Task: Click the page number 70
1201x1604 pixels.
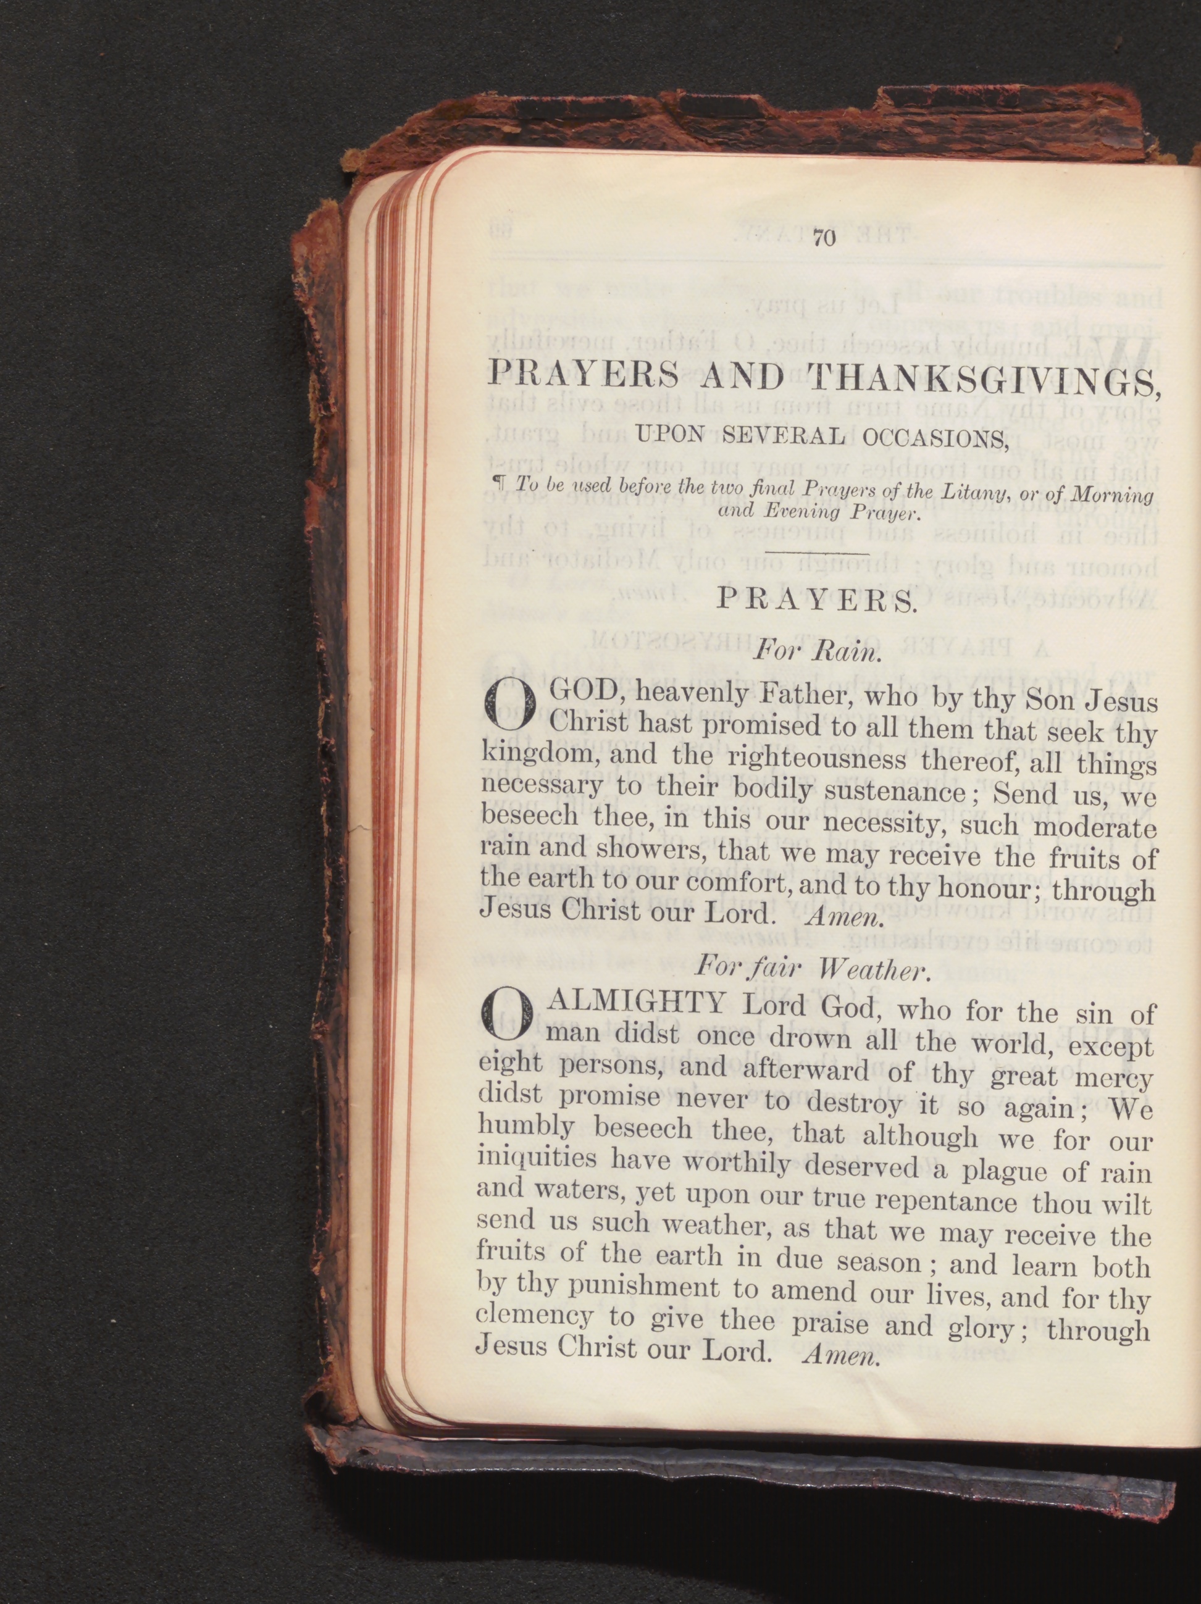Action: click(826, 238)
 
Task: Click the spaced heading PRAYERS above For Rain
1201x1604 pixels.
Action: click(816, 602)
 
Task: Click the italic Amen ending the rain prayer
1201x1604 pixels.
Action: click(843, 919)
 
